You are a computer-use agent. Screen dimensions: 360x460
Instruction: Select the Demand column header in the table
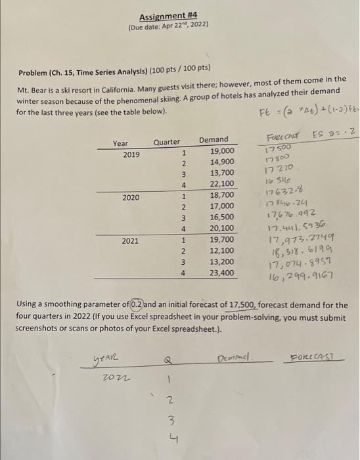pos(214,140)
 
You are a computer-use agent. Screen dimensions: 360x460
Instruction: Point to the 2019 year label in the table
pos(122,154)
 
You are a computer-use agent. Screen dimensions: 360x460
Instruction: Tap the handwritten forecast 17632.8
pos(279,191)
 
